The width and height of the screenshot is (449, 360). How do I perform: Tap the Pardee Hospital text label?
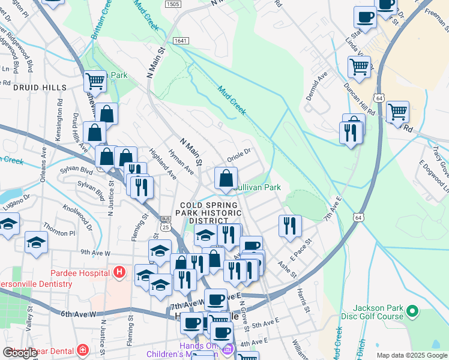pos(82,273)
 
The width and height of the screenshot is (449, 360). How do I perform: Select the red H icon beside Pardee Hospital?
pos(119,273)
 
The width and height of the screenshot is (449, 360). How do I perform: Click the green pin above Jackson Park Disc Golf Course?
pos(412,311)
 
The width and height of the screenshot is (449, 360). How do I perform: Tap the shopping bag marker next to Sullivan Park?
pos(226,178)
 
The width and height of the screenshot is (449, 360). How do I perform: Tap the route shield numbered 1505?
pos(172,4)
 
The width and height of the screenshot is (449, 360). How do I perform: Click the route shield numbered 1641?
pos(180,40)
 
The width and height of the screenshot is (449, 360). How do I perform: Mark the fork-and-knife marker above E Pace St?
pos(290,226)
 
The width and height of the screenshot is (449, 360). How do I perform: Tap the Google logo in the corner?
pos(20,353)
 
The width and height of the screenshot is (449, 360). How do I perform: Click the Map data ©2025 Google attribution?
pos(412,355)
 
